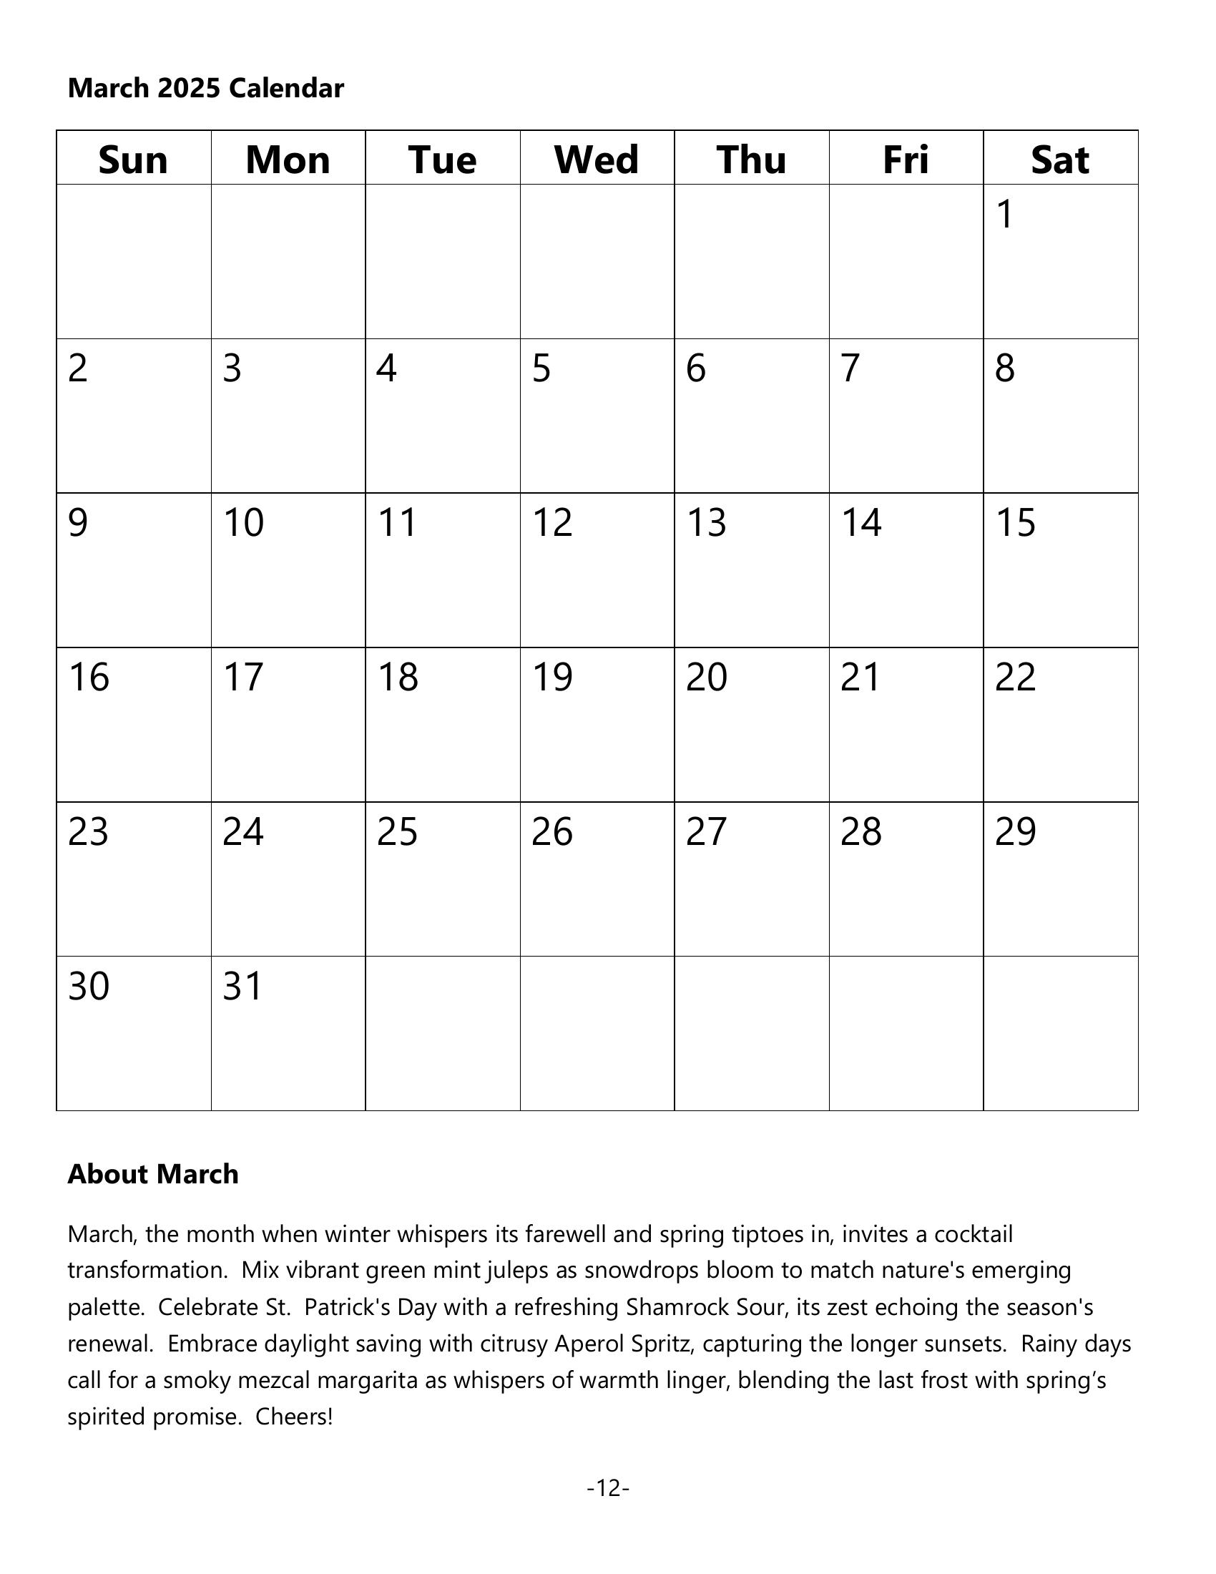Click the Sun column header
(x=133, y=160)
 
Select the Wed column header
(x=597, y=160)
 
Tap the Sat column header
(x=1059, y=160)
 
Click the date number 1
(x=1005, y=214)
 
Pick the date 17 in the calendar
(x=242, y=678)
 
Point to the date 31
(x=242, y=987)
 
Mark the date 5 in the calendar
(x=541, y=368)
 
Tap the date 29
(x=1015, y=831)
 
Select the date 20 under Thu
(x=707, y=678)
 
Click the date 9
(x=78, y=523)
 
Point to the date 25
(x=397, y=831)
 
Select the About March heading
(x=153, y=1174)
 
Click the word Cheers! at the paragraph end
(x=294, y=1417)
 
